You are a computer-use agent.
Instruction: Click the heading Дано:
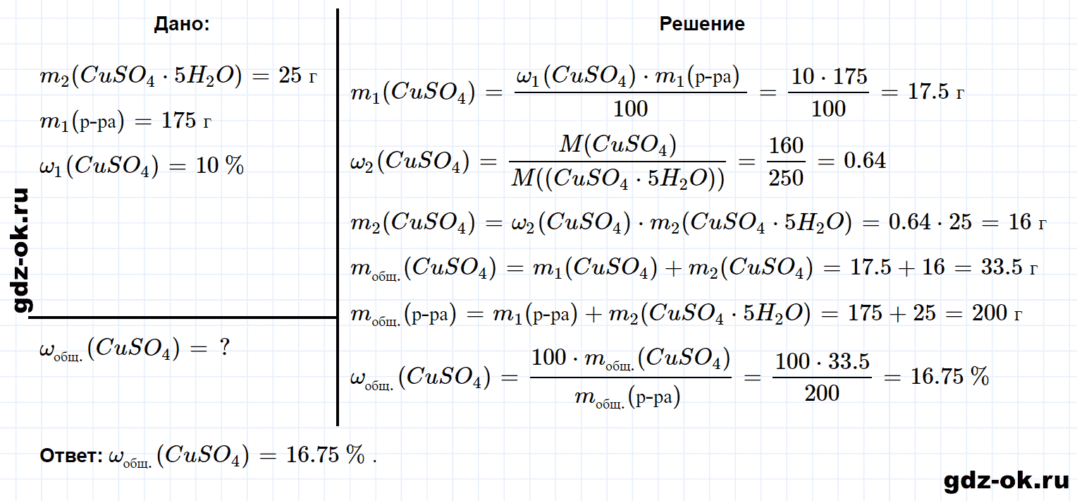point(182,24)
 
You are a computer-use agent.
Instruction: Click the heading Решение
point(702,24)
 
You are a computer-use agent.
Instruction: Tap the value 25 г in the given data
point(297,76)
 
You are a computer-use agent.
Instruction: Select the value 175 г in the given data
point(186,121)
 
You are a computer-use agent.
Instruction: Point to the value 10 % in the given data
point(220,166)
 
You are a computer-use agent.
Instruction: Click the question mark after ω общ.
point(225,346)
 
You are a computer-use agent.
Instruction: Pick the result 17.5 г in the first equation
point(935,92)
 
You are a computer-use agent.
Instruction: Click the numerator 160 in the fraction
point(786,145)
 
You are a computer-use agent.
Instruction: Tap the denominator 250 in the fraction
point(786,178)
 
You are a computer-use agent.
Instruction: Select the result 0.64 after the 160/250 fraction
point(864,161)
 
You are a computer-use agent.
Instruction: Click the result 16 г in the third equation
point(1027,222)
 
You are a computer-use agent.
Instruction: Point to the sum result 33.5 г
point(1009,267)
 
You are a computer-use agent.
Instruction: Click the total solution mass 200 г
point(997,313)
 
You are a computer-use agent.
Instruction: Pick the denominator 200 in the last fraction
point(822,393)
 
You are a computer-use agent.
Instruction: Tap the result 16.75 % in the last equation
point(949,376)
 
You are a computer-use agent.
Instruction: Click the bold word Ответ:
point(71,455)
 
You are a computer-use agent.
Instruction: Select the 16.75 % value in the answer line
point(325,454)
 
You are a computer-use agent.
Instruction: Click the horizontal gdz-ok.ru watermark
point(1007,481)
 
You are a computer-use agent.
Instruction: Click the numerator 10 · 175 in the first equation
point(829,76)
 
